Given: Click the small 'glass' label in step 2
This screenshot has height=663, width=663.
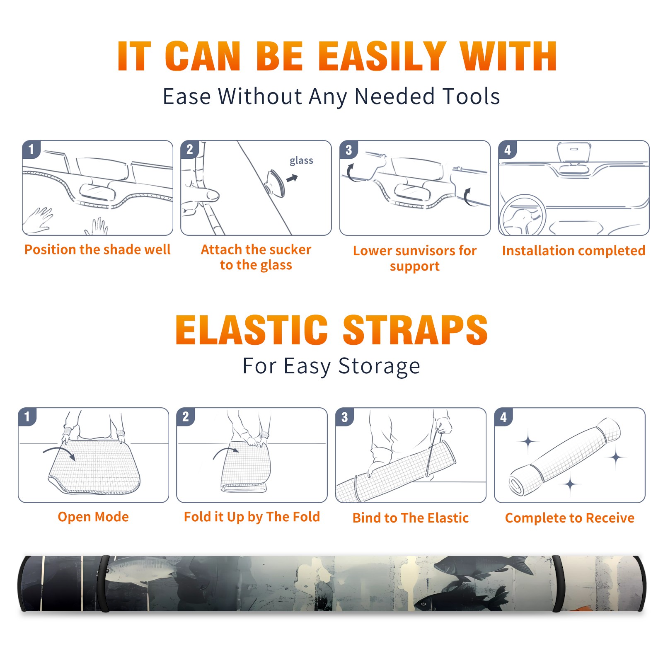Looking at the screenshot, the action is pos(301,161).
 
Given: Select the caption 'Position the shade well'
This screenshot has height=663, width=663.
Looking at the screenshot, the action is pos(97,249).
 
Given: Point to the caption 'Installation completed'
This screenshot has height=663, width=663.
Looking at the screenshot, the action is pos(573,250).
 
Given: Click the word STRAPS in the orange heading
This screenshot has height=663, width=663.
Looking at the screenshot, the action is pos(415,330).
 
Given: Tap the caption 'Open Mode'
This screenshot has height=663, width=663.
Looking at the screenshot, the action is pos(93,517).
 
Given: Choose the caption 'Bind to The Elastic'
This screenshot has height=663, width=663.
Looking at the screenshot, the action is pos(411,518).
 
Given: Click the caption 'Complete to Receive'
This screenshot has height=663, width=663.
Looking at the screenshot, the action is pos(570,518).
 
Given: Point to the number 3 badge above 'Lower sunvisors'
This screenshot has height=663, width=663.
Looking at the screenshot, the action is pos(349,150).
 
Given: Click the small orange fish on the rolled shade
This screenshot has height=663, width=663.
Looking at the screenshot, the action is pos(580,608).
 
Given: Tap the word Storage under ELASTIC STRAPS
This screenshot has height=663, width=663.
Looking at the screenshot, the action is pos(379,367).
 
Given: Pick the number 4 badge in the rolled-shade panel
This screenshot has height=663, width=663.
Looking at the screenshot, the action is pos(503,417).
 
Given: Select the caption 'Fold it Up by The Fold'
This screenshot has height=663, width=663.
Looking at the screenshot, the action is pos(252,517).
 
